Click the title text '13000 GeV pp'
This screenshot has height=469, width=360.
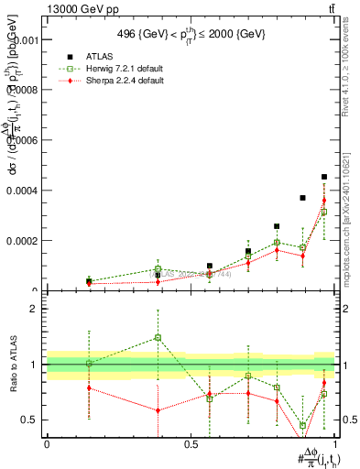point(79,9)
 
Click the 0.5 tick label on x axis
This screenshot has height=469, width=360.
point(191,444)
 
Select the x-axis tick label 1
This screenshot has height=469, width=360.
point(335,444)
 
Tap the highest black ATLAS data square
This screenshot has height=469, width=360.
point(324,177)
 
